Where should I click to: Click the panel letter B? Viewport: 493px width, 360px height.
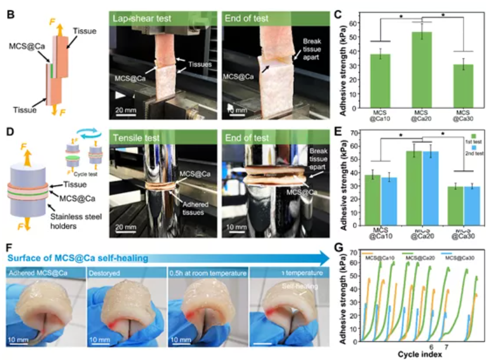click(11, 16)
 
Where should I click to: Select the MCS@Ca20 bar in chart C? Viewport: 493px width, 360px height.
click(422, 70)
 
